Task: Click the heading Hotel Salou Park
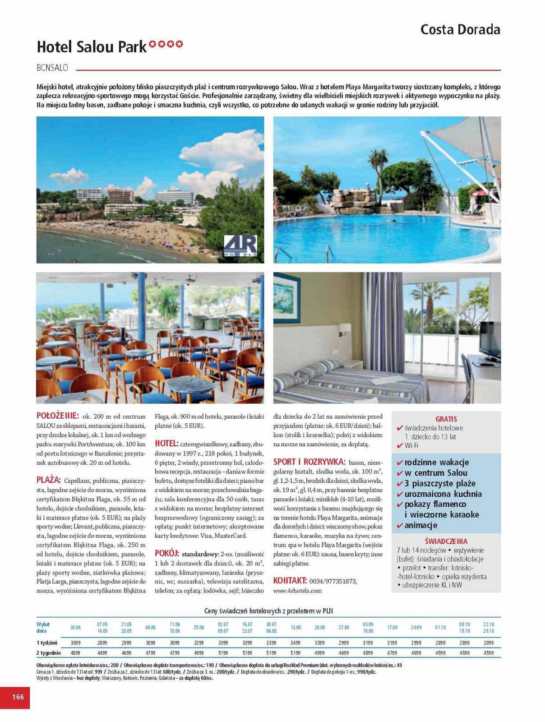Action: click(x=92, y=46)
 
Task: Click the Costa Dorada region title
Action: click(x=460, y=30)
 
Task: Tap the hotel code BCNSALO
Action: click(x=52, y=68)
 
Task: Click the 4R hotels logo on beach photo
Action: click(x=240, y=246)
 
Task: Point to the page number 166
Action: click(x=18, y=697)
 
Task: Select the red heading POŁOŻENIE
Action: click(x=58, y=416)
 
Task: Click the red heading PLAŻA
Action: click(x=48, y=479)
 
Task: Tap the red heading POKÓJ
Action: click(x=167, y=553)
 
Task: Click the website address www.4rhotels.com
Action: click(x=297, y=590)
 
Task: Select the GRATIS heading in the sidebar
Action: click(x=446, y=419)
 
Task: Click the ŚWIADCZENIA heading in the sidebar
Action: click(x=446, y=541)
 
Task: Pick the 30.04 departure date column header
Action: click(x=75, y=627)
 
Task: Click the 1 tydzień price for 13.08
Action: click(x=296, y=643)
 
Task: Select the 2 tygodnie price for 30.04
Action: click(x=75, y=653)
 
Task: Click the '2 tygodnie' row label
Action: click(x=48, y=653)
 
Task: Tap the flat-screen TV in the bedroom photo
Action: click(x=489, y=339)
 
